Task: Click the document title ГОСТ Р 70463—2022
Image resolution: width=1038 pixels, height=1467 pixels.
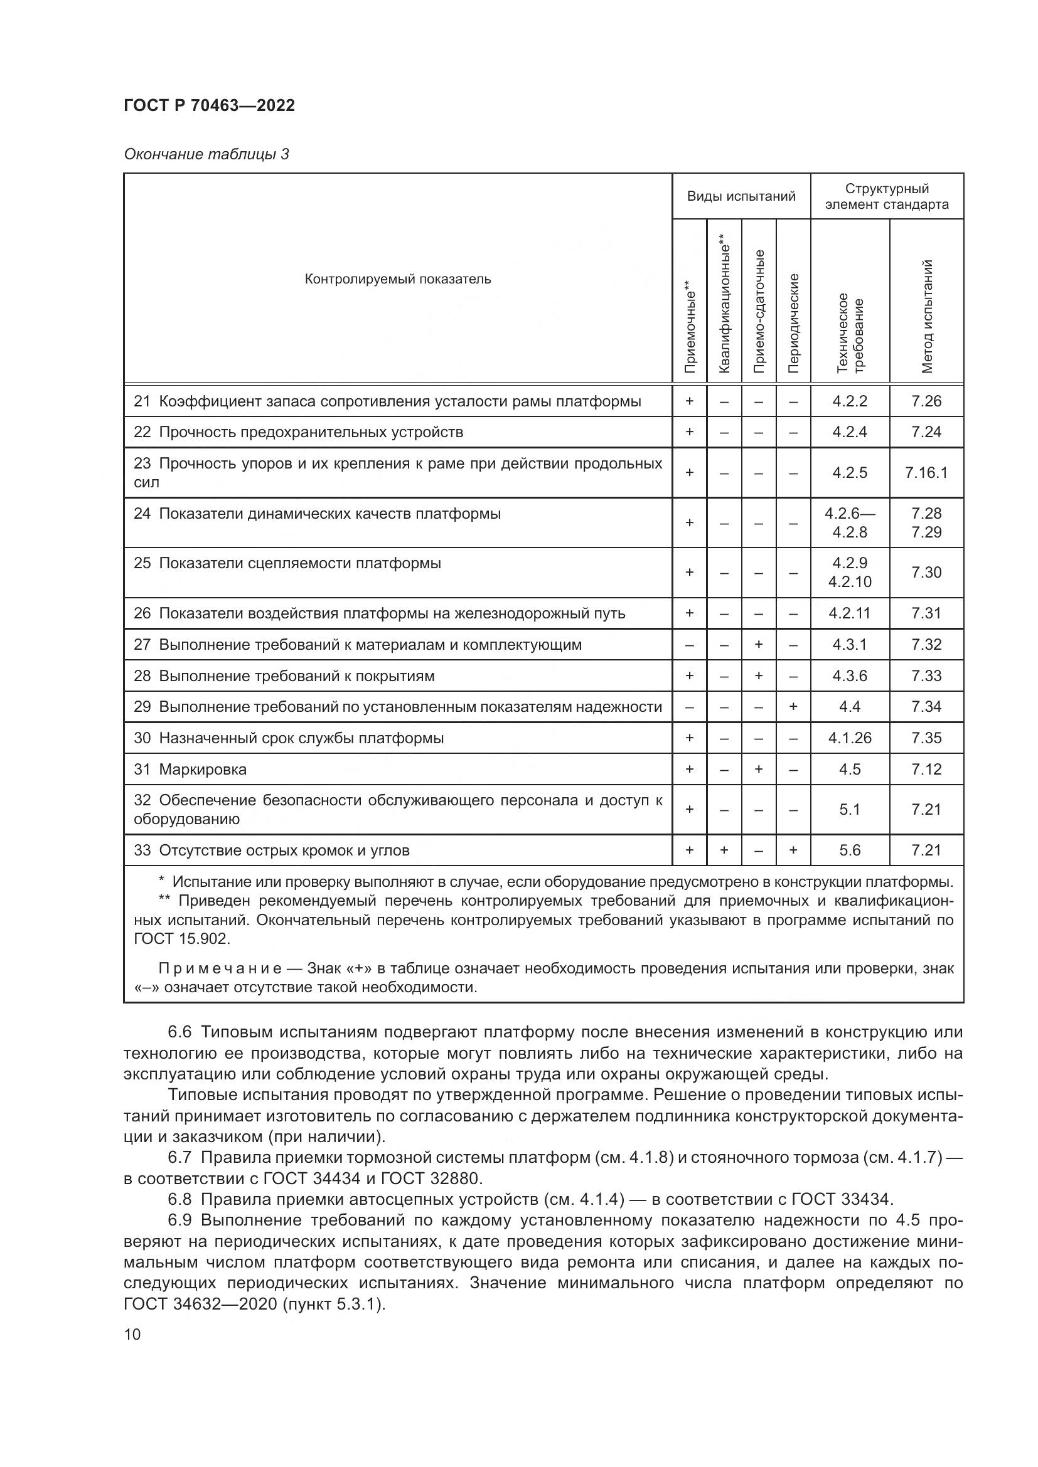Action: pyautogui.click(x=209, y=105)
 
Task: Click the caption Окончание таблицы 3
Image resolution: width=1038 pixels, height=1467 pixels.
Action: pyautogui.click(x=206, y=154)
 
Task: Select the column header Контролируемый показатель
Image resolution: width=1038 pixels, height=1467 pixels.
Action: pyautogui.click(x=397, y=278)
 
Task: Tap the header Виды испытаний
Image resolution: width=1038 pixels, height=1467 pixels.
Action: pyautogui.click(x=741, y=196)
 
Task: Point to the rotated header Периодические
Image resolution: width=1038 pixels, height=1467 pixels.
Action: pyautogui.click(x=793, y=322)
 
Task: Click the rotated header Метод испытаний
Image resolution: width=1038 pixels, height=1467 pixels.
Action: pyautogui.click(x=927, y=316)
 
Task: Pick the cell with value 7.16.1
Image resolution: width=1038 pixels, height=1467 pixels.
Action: pyautogui.click(x=926, y=473)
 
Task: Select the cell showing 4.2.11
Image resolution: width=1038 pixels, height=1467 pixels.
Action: pyautogui.click(x=850, y=613)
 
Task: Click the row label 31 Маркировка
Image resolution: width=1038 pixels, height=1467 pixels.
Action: pyautogui.click(x=190, y=770)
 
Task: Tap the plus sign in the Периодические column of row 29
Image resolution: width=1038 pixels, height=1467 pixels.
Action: pyautogui.click(x=793, y=707)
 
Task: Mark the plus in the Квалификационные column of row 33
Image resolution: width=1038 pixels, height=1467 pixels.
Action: pyautogui.click(x=724, y=850)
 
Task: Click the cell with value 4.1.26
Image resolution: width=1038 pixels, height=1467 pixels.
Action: pyautogui.click(x=850, y=738)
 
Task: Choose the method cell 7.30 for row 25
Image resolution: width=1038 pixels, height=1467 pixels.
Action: pyautogui.click(x=926, y=573)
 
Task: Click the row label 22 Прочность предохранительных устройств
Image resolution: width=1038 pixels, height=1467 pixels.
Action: pyautogui.click(x=298, y=432)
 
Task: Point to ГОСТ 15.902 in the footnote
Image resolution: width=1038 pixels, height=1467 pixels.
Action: pyautogui.click(x=181, y=939)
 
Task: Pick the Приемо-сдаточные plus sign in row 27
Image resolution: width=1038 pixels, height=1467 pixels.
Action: pyautogui.click(x=759, y=645)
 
